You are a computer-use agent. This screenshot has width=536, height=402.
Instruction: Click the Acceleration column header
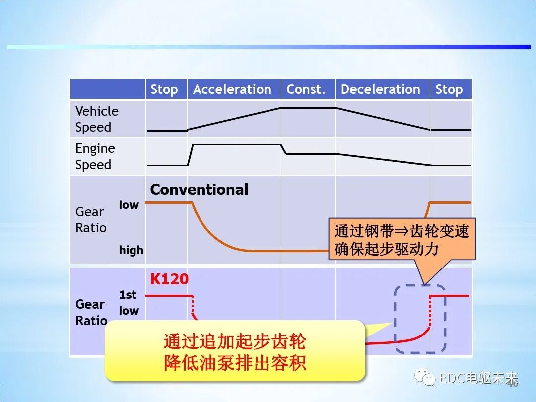pos(232,89)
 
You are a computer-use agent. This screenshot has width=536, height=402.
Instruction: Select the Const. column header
pos(306,89)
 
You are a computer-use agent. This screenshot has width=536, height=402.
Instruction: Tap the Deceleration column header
pos(381,89)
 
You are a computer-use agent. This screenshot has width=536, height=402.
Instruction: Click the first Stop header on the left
pos(164,89)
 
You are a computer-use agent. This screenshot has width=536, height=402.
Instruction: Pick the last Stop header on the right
pos(449,89)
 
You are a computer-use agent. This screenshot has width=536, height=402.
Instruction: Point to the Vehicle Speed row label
pos(97,119)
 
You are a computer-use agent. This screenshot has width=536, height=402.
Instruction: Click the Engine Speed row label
pos(95,156)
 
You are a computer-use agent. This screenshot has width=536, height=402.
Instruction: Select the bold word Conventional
pos(199,190)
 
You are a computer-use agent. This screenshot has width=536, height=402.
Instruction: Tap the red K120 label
pos(169,279)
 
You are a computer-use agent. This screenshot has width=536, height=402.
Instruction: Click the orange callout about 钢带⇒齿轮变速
pos(402,240)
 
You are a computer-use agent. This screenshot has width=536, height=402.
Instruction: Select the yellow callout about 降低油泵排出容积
pos(235,351)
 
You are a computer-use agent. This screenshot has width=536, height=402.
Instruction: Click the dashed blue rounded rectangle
pos(420,319)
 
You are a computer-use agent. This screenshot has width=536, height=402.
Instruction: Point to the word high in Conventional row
pos(131,250)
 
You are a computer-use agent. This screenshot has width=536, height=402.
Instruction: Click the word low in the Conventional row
pos(129,205)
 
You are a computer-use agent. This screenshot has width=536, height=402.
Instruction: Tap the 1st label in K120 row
pos(128,295)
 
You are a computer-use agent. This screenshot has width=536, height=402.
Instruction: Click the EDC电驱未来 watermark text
pos(478,378)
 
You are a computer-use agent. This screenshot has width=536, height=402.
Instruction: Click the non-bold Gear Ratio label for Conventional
pos(91,220)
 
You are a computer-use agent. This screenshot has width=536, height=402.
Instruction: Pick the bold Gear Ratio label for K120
pos(91,312)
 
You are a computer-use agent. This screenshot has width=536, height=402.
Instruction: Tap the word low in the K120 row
pos(129,311)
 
